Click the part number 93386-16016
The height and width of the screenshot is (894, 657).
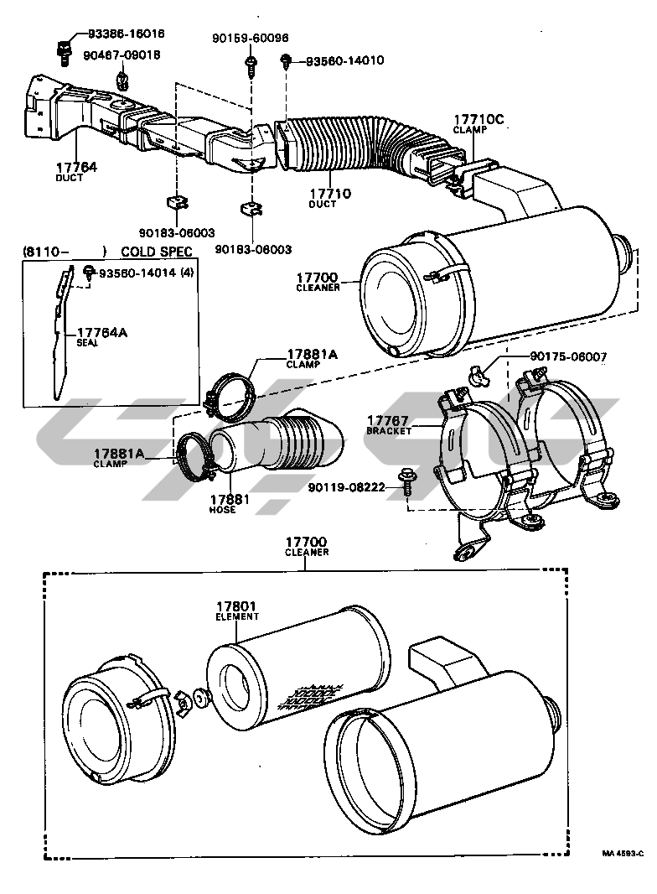[x=126, y=34]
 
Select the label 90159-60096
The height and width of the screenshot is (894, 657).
[x=251, y=38]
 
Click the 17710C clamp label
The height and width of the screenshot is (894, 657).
[x=479, y=120]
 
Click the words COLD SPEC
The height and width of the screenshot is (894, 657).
[x=157, y=251]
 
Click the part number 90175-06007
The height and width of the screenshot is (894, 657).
[x=569, y=356]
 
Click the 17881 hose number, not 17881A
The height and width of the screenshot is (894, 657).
[x=222, y=500]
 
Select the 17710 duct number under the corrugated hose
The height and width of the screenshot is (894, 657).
[x=328, y=195]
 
